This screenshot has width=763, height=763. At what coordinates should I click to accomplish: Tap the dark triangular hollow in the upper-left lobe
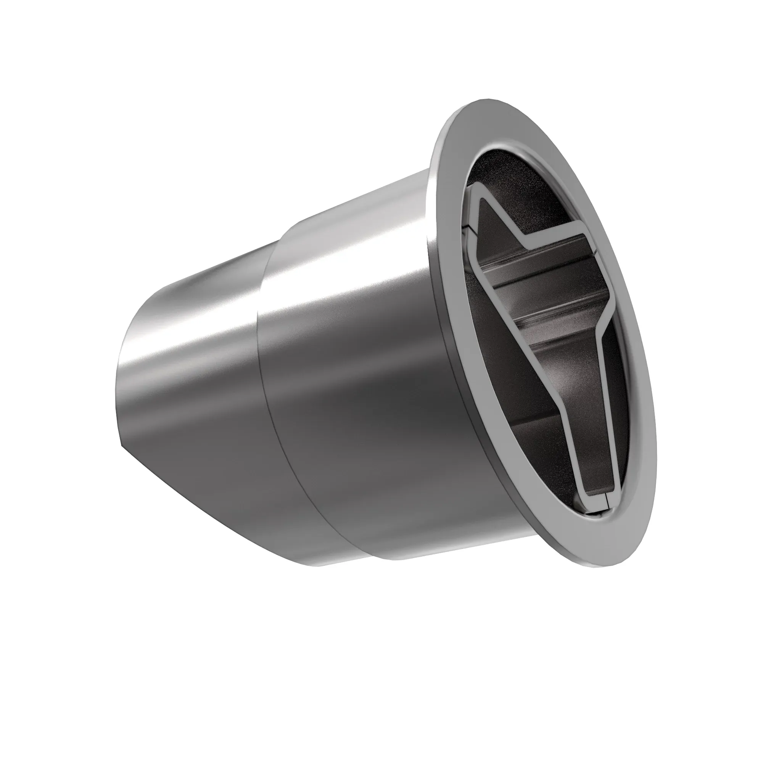[494, 225]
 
